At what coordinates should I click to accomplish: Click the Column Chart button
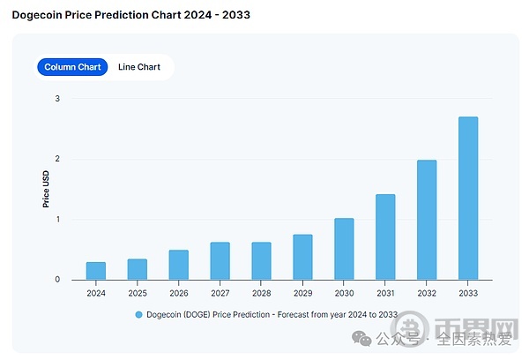[x=72, y=67]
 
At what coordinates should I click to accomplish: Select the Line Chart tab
[x=139, y=67]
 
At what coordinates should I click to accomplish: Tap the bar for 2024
[x=95, y=271]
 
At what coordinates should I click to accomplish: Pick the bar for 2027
[x=220, y=261]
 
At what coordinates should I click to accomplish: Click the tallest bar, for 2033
[x=468, y=199]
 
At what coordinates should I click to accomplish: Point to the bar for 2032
[x=427, y=220]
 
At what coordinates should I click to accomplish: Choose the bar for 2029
[x=302, y=257]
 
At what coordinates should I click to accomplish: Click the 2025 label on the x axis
[x=137, y=292]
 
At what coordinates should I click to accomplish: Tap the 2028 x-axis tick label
[x=261, y=292]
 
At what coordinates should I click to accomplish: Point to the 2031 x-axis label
[x=385, y=292]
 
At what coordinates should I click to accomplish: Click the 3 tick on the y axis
[x=57, y=98]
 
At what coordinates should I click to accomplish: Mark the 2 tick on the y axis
[x=57, y=159]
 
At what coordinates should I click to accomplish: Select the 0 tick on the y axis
[x=57, y=280]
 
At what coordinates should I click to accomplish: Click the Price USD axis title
[x=46, y=189]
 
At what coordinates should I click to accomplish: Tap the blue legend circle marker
[x=138, y=314]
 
